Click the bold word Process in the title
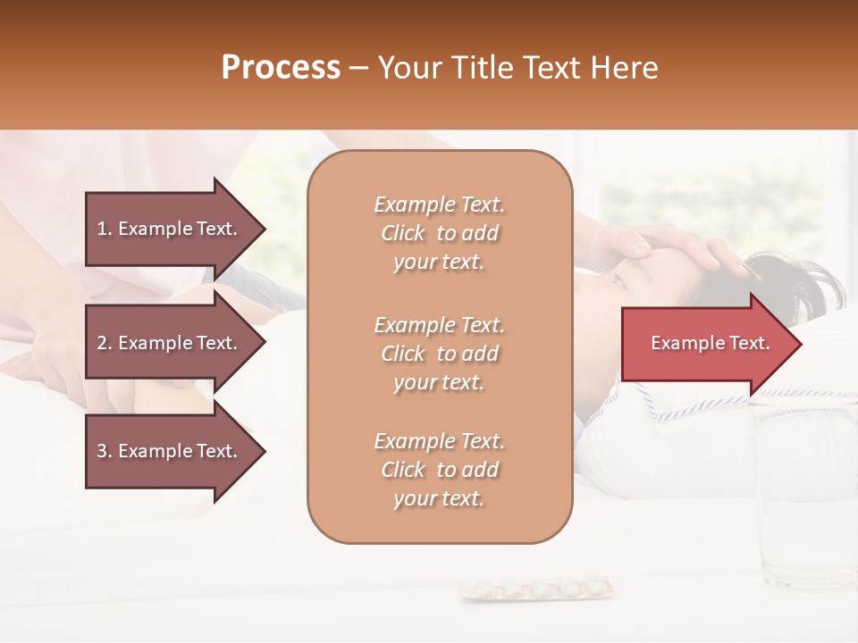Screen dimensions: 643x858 [x=281, y=68]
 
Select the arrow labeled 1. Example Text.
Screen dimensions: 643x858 [x=170, y=229]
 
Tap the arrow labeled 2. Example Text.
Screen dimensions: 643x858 [x=170, y=343]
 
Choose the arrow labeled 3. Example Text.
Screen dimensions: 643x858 [x=170, y=452]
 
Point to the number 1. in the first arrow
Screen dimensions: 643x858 [x=105, y=229]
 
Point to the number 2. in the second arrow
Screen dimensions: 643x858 [x=105, y=343]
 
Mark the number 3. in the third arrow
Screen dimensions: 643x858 [x=105, y=452]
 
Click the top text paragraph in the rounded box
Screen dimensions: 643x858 [x=440, y=233]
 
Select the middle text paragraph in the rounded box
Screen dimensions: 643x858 [x=440, y=354]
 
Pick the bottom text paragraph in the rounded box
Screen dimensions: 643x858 [x=440, y=470]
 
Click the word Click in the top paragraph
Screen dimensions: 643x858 [x=403, y=233]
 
